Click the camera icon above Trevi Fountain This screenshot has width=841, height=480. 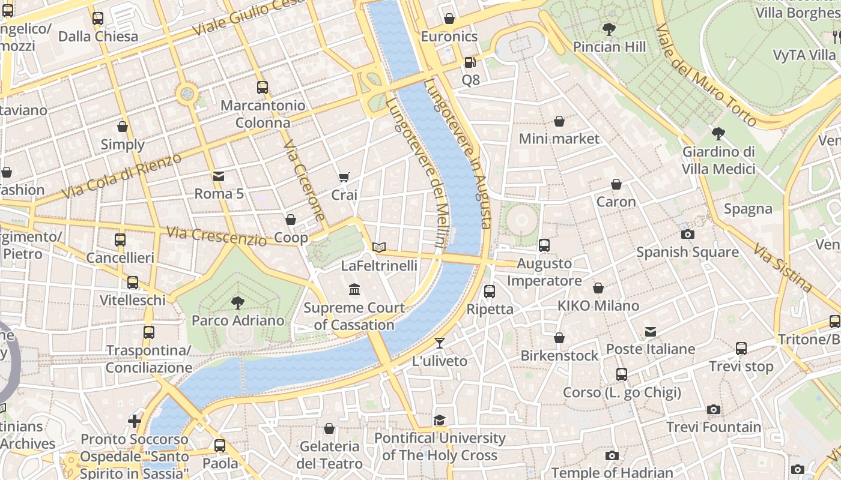point(713,409)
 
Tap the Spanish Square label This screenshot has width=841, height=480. point(687,252)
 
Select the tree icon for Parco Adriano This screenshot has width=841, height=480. point(238,302)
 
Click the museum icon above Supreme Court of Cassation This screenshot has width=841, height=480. point(354,290)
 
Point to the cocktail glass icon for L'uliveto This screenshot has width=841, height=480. point(440,343)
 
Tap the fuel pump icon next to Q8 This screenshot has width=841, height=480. point(470,62)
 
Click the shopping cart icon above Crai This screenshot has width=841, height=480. point(344,177)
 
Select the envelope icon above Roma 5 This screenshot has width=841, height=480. point(219,176)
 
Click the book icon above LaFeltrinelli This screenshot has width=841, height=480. point(378,247)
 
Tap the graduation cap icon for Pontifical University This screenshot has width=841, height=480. point(440,420)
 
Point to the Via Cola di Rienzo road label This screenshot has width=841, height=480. point(121,177)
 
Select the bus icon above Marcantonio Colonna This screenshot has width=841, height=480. point(262,88)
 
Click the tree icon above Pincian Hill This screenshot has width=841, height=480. point(609,29)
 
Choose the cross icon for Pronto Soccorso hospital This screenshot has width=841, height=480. point(135,421)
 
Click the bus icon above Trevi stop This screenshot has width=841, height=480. point(741,349)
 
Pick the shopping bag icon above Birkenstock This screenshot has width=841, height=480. point(559,338)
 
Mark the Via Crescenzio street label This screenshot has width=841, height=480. point(216,236)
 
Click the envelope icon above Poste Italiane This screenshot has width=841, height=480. point(650,331)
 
